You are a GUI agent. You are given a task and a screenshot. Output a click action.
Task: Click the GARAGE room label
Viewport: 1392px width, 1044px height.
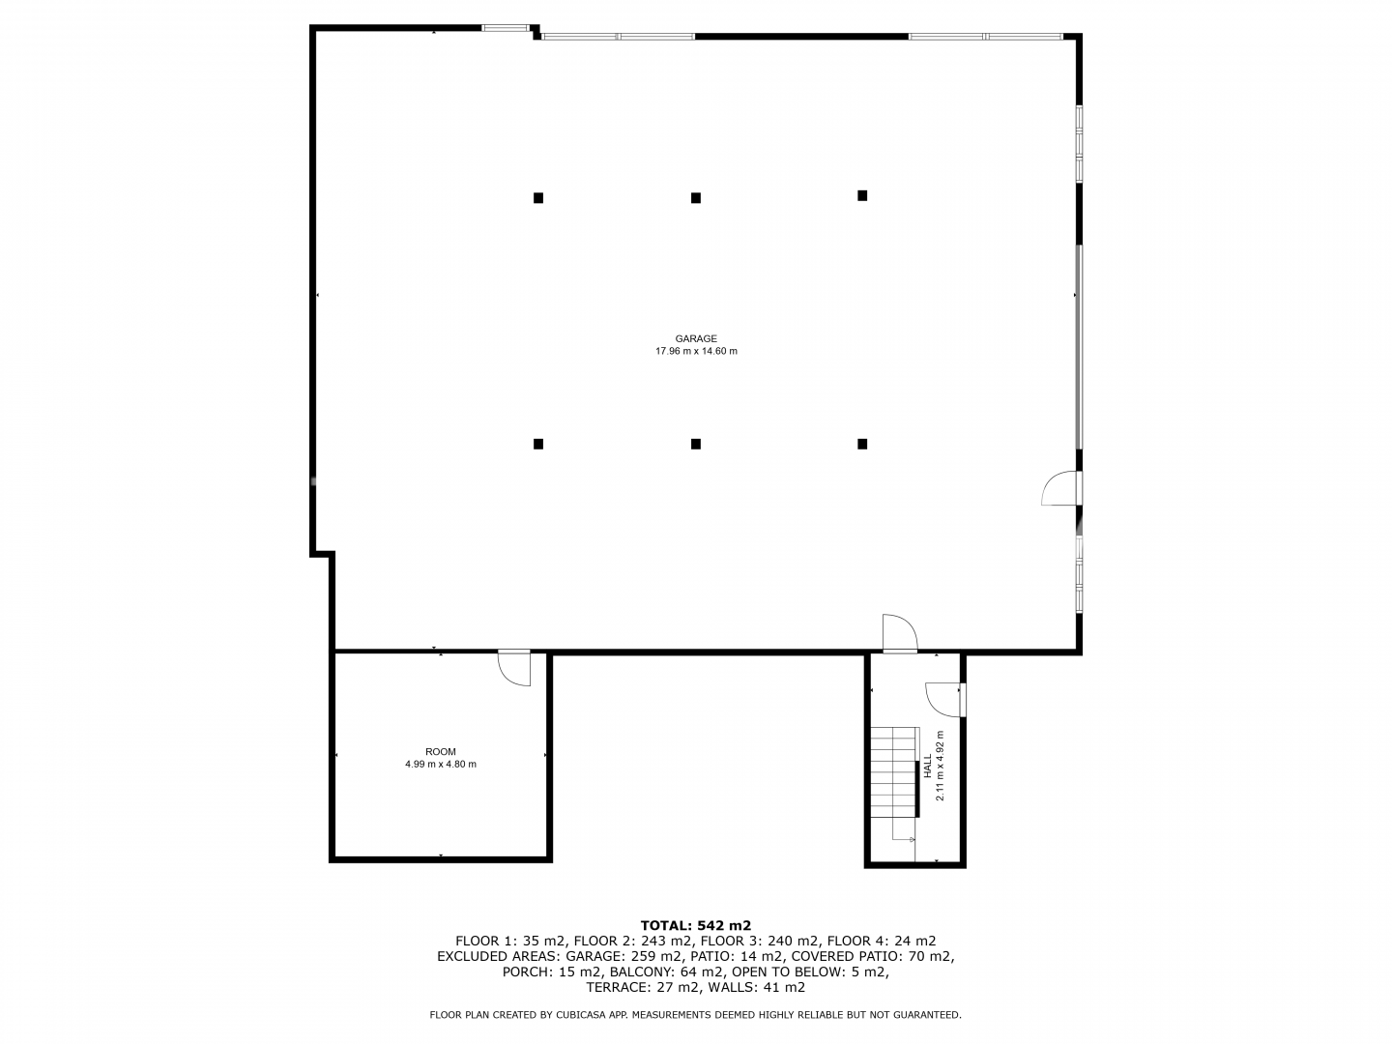tap(696, 338)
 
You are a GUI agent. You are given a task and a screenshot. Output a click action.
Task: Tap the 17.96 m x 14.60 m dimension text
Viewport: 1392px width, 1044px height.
tap(696, 351)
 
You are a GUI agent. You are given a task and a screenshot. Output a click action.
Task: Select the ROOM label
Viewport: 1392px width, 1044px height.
tap(440, 752)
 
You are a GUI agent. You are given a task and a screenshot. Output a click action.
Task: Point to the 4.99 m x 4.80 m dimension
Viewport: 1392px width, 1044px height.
tap(440, 764)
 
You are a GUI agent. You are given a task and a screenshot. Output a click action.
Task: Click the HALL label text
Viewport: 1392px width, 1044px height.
tap(927, 765)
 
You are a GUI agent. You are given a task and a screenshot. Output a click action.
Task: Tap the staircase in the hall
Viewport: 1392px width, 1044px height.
tap(894, 772)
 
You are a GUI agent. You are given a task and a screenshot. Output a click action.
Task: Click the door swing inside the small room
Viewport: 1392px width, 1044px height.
tap(513, 668)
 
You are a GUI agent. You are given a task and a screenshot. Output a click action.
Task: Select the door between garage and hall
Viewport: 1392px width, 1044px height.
tap(900, 632)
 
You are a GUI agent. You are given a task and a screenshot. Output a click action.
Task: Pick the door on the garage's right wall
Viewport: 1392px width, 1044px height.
tap(1061, 487)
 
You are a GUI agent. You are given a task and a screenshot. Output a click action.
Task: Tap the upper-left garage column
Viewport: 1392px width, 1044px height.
tap(537, 198)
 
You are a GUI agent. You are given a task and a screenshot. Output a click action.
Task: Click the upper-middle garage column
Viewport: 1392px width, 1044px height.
tap(695, 198)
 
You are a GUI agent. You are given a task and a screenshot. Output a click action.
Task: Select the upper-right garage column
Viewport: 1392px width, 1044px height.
tap(862, 196)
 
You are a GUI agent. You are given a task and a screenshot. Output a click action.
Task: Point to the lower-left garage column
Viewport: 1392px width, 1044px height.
tap(537, 444)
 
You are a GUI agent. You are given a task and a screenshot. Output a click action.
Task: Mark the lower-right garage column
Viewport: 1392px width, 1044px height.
tap(862, 444)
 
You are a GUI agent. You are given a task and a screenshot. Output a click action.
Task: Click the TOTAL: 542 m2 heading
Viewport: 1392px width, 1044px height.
tap(696, 925)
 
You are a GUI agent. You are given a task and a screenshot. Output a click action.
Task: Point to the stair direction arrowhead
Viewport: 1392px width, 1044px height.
tap(912, 840)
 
